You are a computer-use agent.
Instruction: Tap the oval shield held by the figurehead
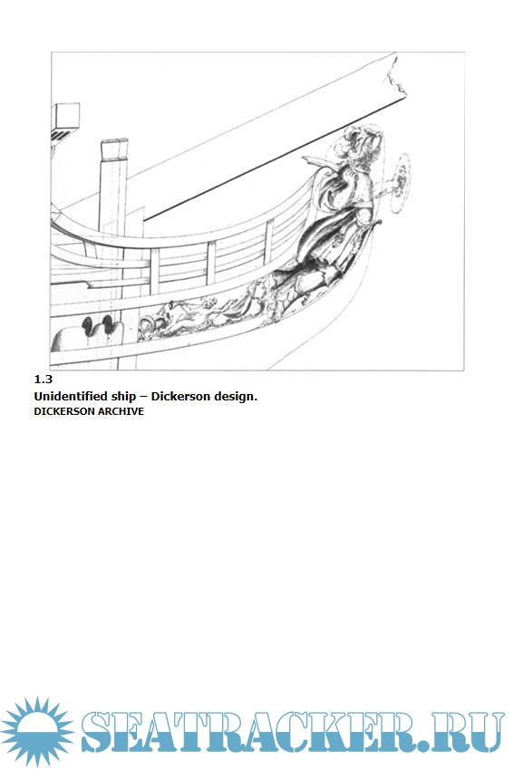401,183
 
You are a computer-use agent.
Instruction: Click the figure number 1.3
44,379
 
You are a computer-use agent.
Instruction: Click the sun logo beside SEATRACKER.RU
37,731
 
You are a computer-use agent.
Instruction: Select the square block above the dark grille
66,116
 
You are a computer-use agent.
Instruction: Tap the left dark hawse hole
88,325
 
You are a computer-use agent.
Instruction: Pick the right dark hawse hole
108,323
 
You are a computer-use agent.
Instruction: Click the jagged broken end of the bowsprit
399,76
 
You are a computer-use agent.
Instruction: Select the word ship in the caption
124,397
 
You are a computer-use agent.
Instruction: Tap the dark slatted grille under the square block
62,136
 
